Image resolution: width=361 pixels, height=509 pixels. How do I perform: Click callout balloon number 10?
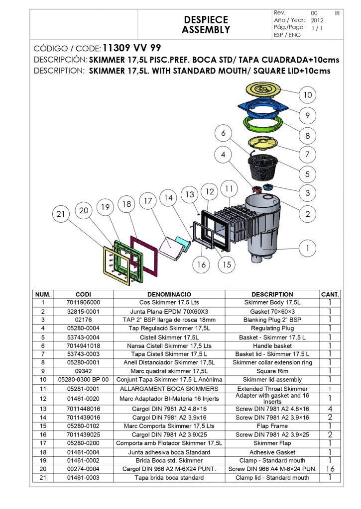coord(308,95)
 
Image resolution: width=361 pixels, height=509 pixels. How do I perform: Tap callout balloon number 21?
coord(61,215)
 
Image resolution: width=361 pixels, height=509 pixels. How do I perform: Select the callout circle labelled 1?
coord(308,248)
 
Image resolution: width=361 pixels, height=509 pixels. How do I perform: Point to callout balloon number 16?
coord(201,264)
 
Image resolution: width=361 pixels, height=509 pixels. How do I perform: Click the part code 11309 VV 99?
coord(131,49)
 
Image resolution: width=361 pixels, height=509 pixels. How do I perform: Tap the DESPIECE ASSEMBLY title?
coord(206,24)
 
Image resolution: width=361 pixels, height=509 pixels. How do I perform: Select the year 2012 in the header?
coord(317,20)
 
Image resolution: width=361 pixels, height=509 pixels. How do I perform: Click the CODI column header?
coord(83,294)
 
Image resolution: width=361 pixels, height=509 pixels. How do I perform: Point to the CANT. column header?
coord(330,294)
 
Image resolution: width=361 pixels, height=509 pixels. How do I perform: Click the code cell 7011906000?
coord(83,302)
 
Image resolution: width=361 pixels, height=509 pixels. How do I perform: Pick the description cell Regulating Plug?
coord(272,328)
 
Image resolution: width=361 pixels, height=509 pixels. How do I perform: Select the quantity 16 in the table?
coord(330,469)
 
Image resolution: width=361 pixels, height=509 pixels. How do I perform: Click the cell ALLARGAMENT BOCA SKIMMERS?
coord(169,388)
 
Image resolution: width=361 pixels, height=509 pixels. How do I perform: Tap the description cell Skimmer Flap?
coord(272,443)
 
